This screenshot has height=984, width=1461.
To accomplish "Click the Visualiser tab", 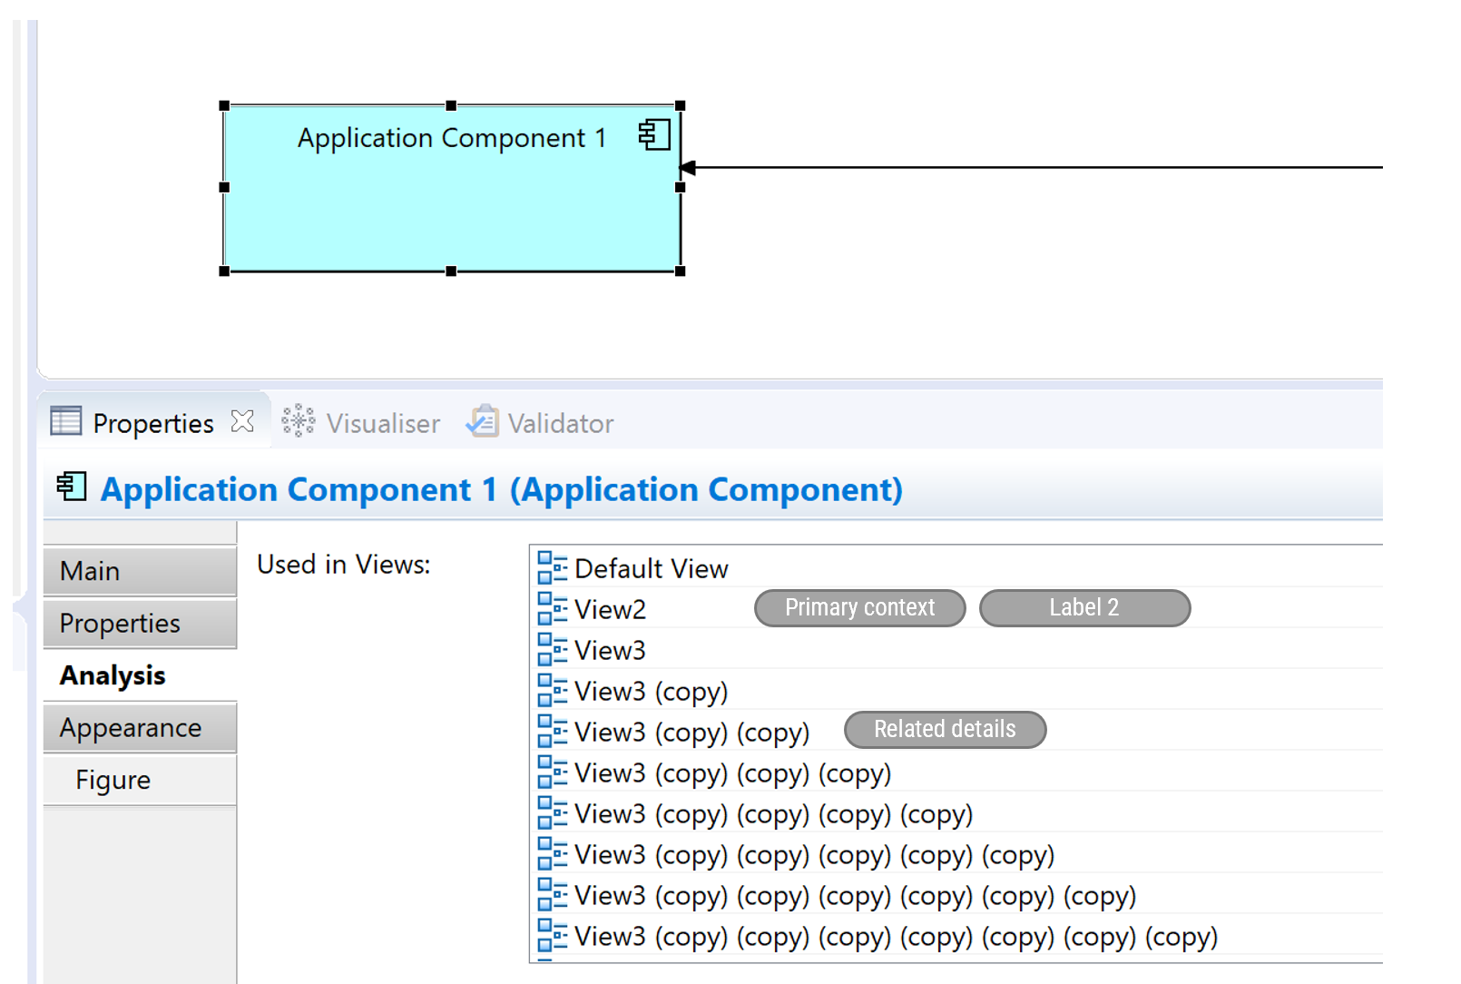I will click(362, 423).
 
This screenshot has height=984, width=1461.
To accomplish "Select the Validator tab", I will click(541, 423).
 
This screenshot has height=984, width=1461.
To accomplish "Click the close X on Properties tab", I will click(242, 421).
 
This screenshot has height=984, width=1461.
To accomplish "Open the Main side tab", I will click(139, 571).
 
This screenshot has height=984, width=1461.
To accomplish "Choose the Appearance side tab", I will click(139, 727).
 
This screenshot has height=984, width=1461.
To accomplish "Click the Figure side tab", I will click(139, 780).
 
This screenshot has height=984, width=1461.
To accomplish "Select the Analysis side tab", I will click(139, 675).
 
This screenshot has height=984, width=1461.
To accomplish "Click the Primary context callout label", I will click(859, 607).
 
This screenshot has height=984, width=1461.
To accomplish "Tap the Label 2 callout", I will click(1084, 607).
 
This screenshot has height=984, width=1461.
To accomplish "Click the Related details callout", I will click(945, 729).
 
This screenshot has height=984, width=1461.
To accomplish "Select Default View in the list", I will click(651, 568).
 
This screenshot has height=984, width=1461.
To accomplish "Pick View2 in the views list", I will click(610, 609).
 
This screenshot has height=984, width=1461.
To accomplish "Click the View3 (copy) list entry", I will click(651, 692).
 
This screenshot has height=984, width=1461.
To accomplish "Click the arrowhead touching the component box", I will click(688, 168).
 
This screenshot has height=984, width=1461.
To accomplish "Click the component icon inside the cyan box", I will click(654, 135).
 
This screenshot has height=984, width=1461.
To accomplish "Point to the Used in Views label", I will click(343, 565).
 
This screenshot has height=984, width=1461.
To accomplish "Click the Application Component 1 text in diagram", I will click(451, 138).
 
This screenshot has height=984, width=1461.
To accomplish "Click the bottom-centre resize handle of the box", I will click(451, 271).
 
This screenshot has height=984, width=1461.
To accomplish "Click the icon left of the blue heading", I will click(72, 487).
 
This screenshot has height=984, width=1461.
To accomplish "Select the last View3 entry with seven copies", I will click(895, 937).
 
